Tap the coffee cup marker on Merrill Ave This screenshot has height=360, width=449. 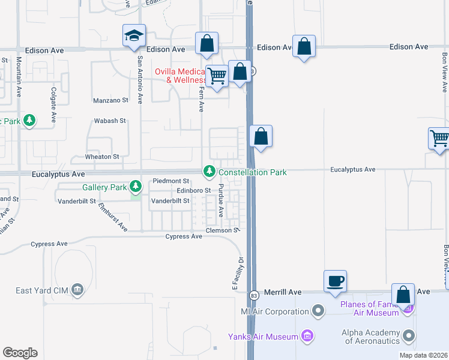click(335, 281)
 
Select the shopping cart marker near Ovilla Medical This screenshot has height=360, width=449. click(217, 76)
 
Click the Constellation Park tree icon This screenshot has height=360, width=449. click(209, 172)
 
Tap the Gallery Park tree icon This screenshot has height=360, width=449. click(136, 187)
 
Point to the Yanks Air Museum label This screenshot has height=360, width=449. click(263, 337)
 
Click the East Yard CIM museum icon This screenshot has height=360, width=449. click(77, 290)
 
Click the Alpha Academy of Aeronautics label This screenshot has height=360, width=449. click(370, 337)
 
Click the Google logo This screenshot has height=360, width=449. click(20, 353)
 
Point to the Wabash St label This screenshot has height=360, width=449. click(110, 121)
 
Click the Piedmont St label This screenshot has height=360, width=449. click(171, 181)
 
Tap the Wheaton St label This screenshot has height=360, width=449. click(102, 157)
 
